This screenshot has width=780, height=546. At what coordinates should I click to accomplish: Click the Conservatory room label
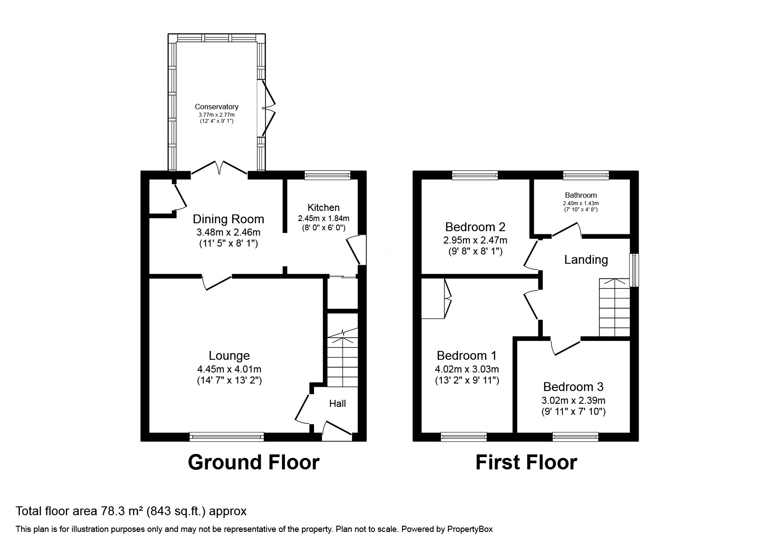tap(216, 107)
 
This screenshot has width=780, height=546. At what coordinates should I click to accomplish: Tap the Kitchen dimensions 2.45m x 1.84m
tap(323, 218)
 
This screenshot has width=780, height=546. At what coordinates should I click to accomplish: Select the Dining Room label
tap(228, 219)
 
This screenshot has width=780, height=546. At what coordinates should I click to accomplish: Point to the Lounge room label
tap(229, 355)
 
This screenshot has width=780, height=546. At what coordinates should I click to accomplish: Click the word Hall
tap(337, 403)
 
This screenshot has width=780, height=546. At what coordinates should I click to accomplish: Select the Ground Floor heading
tap(253, 462)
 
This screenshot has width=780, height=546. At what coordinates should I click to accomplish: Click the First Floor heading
tap(526, 462)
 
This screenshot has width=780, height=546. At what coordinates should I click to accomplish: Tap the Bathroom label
tap(580, 195)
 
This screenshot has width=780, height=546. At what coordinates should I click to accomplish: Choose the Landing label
tap(586, 260)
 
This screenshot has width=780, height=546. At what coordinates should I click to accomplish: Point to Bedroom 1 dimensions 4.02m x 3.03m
tap(467, 369)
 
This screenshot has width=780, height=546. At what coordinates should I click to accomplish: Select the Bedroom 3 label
tap(573, 387)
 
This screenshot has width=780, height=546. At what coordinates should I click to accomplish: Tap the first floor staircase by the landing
tap(614, 308)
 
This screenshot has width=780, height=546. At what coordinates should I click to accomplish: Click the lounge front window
tap(227, 437)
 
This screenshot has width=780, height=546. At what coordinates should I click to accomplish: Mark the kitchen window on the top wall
tap(327, 175)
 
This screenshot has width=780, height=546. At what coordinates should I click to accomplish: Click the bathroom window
tap(586, 175)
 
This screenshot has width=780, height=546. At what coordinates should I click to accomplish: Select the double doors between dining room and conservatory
tap(219, 170)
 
